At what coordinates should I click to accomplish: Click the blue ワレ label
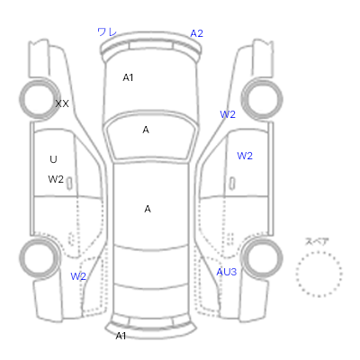(x=107, y=31)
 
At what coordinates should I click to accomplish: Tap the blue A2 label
(x=197, y=33)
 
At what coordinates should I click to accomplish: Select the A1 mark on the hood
(x=128, y=77)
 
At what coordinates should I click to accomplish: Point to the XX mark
(x=62, y=103)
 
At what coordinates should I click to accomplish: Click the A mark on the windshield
(x=146, y=130)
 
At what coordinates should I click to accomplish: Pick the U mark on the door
(x=53, y=159)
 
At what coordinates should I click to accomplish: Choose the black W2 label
(x=56, y=179)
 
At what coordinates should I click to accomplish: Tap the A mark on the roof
(x=148, y=209)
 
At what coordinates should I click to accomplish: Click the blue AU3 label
(x=227, y=272)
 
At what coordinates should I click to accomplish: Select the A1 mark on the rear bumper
(x=121, y=336)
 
